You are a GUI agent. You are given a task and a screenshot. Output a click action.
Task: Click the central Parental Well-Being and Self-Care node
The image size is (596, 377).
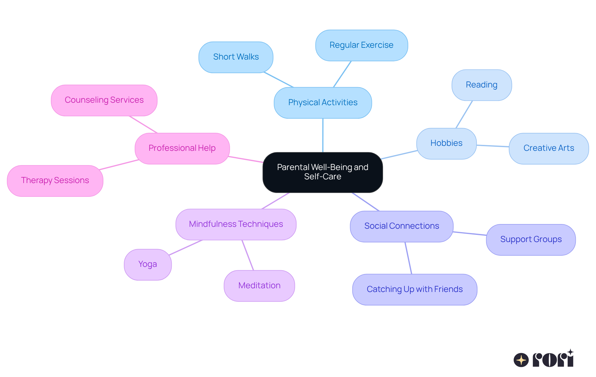pos(323,172)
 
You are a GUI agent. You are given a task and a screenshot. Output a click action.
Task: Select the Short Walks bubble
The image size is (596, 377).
pos(236,57)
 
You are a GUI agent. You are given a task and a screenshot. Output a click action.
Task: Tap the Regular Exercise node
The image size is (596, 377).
pos(361,45)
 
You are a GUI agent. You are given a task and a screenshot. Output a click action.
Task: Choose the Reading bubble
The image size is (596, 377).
pos(481,85)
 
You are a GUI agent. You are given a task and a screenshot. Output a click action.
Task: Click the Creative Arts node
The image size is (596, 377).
pos(549,148)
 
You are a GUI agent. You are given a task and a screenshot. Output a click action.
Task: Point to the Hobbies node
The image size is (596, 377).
pos(446,143)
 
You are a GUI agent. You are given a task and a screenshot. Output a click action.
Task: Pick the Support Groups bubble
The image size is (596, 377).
pos(531,240)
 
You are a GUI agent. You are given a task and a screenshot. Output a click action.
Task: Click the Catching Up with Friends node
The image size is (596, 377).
pos(414,289)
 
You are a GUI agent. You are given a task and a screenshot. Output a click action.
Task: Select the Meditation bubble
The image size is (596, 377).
pos(259,285)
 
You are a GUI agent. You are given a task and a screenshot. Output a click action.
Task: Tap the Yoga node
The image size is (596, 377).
pos(147,264)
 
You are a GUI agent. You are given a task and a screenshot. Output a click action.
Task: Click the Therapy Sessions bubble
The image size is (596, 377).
pos(55,181)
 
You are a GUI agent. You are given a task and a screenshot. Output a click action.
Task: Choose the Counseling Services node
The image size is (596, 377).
pos(104,100)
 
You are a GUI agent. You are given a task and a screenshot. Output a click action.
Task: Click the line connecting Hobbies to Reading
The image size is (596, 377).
pos(464,114)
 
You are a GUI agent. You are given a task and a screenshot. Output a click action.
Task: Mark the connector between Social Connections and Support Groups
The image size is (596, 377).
pos(469,233)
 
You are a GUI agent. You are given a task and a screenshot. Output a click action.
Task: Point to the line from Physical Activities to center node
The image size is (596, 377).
pos(323,135)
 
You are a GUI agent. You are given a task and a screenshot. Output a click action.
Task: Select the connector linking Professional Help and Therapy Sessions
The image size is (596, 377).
pos(119,165)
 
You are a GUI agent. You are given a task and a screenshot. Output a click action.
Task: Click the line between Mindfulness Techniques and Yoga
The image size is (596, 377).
pos(185,248)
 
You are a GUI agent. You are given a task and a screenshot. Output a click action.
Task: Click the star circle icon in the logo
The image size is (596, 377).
pos(521,360)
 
